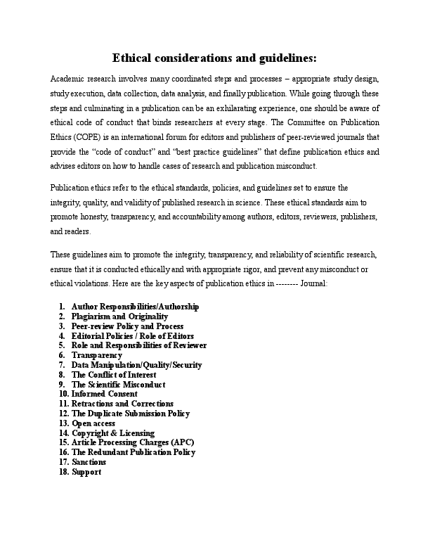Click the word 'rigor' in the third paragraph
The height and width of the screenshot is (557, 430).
[x=230, y=269]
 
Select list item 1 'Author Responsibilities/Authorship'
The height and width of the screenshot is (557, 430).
[x=135, y=307]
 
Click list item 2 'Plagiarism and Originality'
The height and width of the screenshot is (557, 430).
[x=119, y=316]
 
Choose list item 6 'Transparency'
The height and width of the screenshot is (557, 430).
[x=97, y=355]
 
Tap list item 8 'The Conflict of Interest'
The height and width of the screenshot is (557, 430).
[x=115, y=375]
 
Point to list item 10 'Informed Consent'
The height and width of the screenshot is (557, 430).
[x=104, y=394]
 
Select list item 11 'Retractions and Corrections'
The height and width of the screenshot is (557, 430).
[x=122, y=404]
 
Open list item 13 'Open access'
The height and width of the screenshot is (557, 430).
[x=95, y=423]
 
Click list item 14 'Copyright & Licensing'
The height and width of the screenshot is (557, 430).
[x=113, y=433]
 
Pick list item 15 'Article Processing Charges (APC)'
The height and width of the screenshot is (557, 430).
[x=133, y=442]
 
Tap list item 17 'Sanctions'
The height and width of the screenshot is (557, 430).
[x=89, y=462]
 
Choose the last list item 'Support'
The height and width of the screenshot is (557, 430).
[x=86, y=472]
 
